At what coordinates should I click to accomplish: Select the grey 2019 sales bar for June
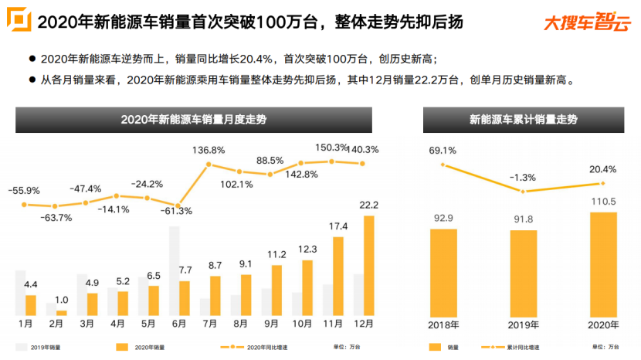pos(174,270)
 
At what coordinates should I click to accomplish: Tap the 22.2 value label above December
pos(368,205)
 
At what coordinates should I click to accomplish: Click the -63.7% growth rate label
pos(56,218)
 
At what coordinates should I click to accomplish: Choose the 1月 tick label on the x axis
pos(25,323)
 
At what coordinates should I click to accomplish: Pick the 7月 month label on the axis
pos(209,323)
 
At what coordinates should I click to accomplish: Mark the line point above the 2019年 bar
pos(524,192)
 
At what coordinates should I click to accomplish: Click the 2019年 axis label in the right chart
pos(524,324)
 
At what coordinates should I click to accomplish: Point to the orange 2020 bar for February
pos(62,312)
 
